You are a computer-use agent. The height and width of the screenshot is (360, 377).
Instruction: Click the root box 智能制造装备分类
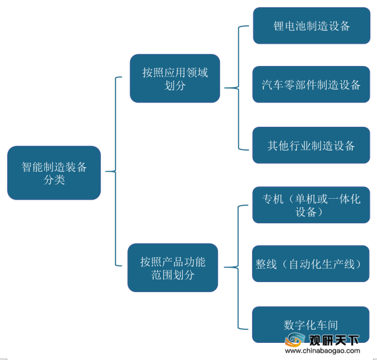pos(54,172)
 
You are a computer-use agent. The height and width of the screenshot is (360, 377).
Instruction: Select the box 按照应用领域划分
pos(175,79)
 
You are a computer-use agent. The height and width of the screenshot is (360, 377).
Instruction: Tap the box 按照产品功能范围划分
pos(172,268)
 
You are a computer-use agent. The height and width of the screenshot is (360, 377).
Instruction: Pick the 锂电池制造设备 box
pos(312,26)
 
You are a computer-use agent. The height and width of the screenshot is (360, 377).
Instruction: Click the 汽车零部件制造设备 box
pos(311,85)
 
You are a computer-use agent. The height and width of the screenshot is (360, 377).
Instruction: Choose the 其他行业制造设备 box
pos(311,145)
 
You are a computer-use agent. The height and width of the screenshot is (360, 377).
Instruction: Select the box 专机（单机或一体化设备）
pos(311,205)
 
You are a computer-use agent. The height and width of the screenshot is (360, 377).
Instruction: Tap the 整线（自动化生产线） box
pos(310,264)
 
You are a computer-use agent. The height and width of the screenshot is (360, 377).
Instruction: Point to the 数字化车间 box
pos(310,324)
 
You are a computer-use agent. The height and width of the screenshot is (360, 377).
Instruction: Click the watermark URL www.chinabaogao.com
pos(322,351)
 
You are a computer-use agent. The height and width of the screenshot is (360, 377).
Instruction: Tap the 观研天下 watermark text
pos(333,340)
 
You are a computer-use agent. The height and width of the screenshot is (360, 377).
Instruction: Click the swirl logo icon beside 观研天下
pos(295,339)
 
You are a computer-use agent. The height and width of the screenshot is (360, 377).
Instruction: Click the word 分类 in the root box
pos(54,180)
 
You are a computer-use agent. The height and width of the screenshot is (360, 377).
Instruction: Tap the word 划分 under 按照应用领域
pos(175,85)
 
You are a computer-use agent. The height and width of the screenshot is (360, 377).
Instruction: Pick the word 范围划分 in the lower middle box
pos(172,275)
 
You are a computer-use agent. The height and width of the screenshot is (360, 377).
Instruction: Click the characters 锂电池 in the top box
pos(289,26)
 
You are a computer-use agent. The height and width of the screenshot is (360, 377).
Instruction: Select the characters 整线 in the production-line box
pos(266,264)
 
